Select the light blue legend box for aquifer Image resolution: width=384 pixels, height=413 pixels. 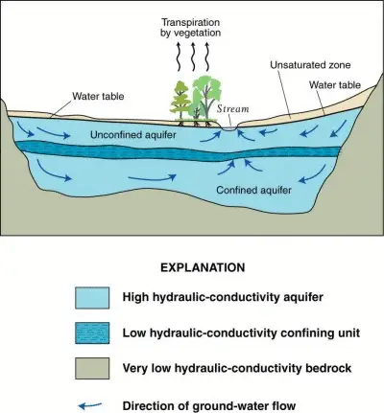pyautogui.click(x=98, y=299)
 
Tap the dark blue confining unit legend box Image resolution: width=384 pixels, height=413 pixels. pyautogui.click(x=98, y=333)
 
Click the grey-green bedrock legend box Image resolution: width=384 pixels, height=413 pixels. pyautogui.click(x=98, y=368)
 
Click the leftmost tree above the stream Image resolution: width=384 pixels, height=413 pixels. pyautogui.click(x=179, y=99)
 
